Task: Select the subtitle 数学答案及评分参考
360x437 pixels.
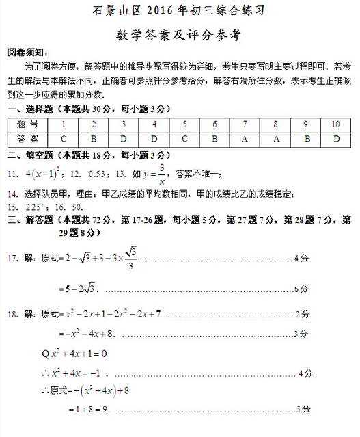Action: pyautogui.click(x=179, y=34)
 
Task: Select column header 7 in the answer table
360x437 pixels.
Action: pyautogui.click(x=245, y=124)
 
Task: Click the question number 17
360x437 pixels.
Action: pyautogui.click(x=12, y=259)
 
